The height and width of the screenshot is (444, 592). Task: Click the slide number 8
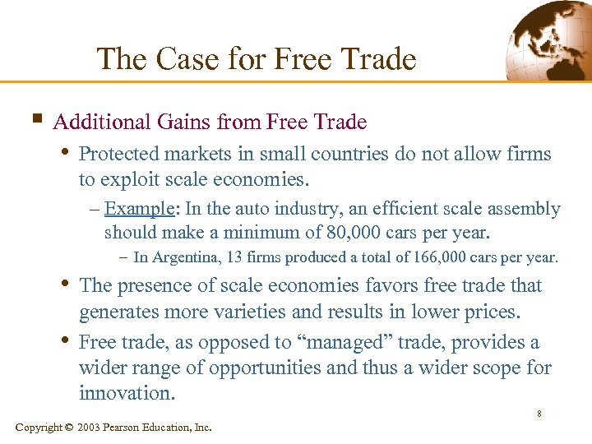point(539,414)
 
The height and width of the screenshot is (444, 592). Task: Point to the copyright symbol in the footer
point(69,428)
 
